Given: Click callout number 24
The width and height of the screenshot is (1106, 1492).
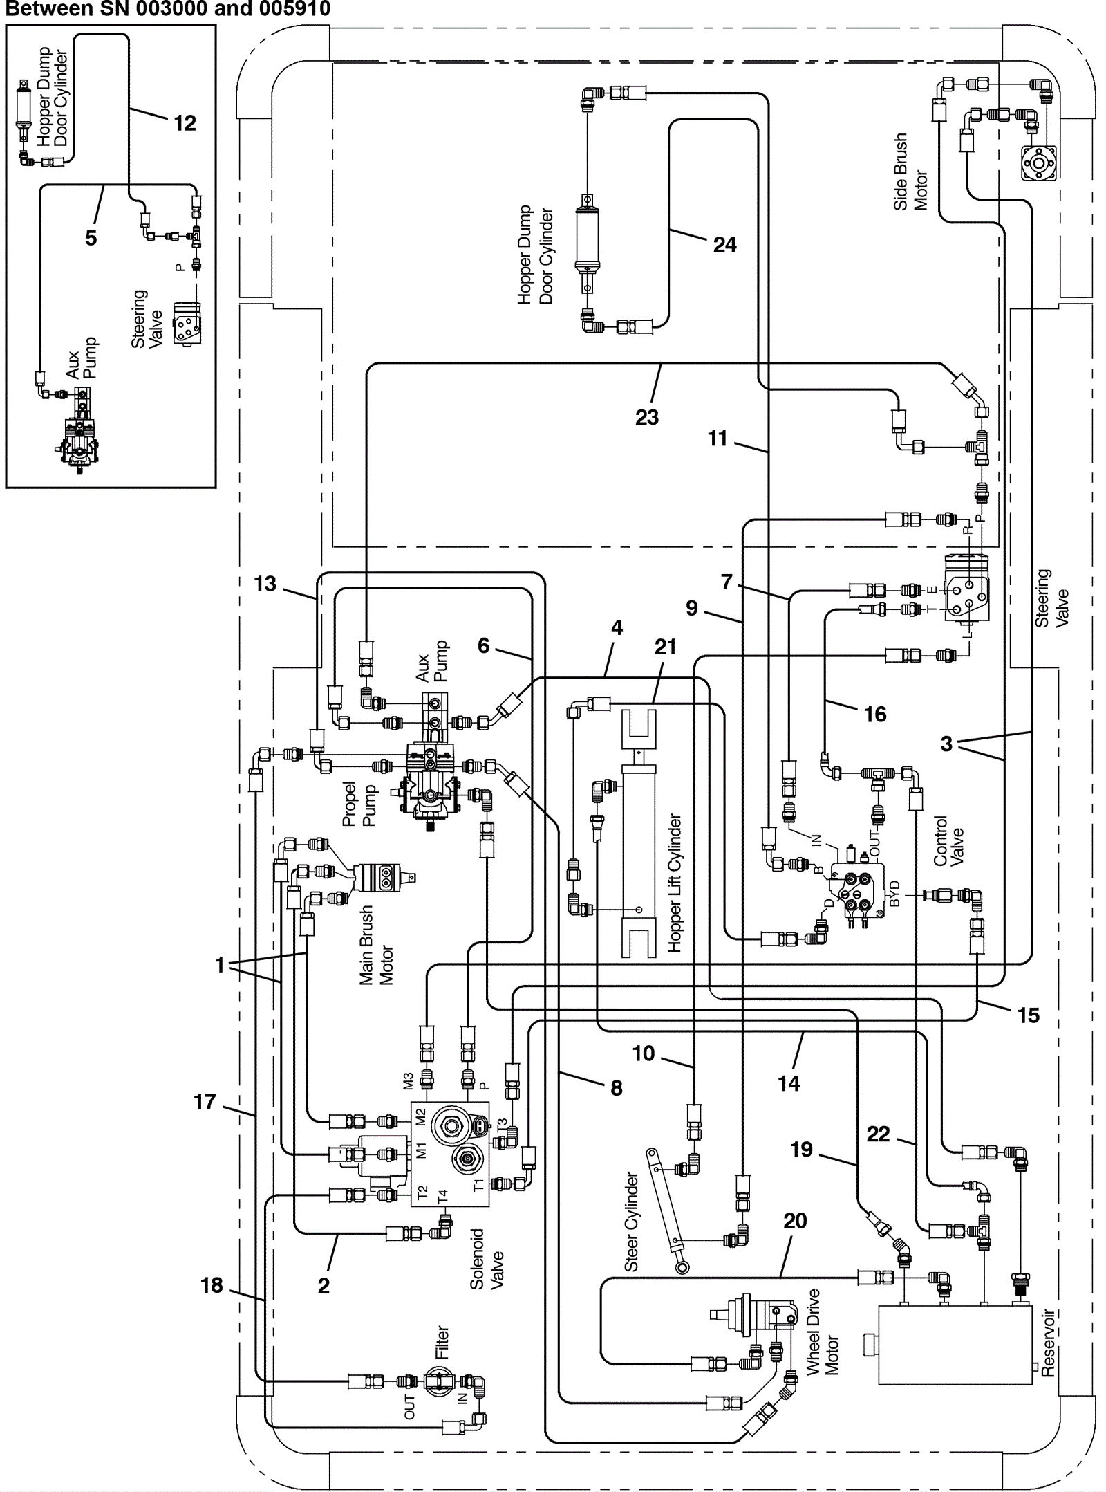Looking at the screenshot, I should (724, 245).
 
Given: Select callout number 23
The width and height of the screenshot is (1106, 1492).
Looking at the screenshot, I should (647, 417).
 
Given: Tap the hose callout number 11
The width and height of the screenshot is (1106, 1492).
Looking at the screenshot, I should (718, 438).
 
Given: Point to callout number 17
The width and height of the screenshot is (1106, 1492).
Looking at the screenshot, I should (205, 1102).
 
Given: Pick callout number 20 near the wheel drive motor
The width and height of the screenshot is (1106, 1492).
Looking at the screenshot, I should (795, 1221).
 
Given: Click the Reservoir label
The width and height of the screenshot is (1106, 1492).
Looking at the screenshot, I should (1048, 1343).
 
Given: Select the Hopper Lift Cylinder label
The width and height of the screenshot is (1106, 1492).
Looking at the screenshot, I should (674, 883).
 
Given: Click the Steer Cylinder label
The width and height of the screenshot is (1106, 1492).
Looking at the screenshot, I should (631, 1222).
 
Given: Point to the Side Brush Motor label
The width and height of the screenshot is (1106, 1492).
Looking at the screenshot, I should (910, 172).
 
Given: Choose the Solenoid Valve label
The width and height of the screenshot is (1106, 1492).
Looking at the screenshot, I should (487, 1260).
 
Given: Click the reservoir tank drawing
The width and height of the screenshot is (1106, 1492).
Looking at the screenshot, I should (955, 1345).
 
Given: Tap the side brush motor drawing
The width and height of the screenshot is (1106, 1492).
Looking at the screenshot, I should (1038, 163).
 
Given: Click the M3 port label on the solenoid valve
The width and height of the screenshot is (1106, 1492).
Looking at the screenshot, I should (408, 1080).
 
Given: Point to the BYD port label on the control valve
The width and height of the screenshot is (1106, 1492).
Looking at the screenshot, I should (894, 894).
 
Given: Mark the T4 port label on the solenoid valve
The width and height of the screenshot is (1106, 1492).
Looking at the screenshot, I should (443, 1195).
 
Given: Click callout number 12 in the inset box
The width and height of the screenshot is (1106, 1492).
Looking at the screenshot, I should (185, 123).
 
